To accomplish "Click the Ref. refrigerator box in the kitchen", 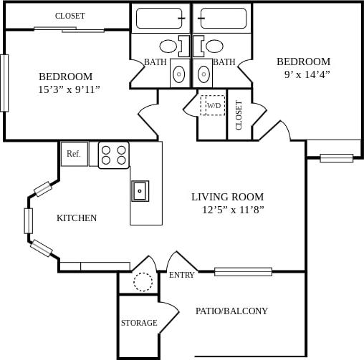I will tap(74, 154).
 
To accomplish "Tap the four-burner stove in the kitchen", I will tap(113, 155).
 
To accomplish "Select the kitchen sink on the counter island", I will tap(140, 191).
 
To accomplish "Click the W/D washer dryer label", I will tap(214, 106).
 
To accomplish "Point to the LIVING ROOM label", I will tap(227, 197).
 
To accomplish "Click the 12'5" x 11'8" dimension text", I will tap(233, 210).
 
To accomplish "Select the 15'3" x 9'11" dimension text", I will tap(69, 89).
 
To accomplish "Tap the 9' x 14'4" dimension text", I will tap(307, 74).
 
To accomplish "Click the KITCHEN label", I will tap(77, 218).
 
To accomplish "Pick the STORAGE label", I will tap(139, 323).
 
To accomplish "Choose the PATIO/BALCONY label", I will tap(231, 311).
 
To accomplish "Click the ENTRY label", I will tap(181, 275).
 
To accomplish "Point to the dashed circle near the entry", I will tap(143, 282).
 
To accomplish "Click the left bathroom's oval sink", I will tap(168, 47).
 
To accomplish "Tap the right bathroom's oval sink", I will tap(214, 47).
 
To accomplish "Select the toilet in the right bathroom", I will tap(204, 74).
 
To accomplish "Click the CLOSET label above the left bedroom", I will tap(70, 16).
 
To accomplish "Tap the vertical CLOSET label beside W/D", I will tap(239, 115).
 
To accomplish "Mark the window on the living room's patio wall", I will tap(243, 271).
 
